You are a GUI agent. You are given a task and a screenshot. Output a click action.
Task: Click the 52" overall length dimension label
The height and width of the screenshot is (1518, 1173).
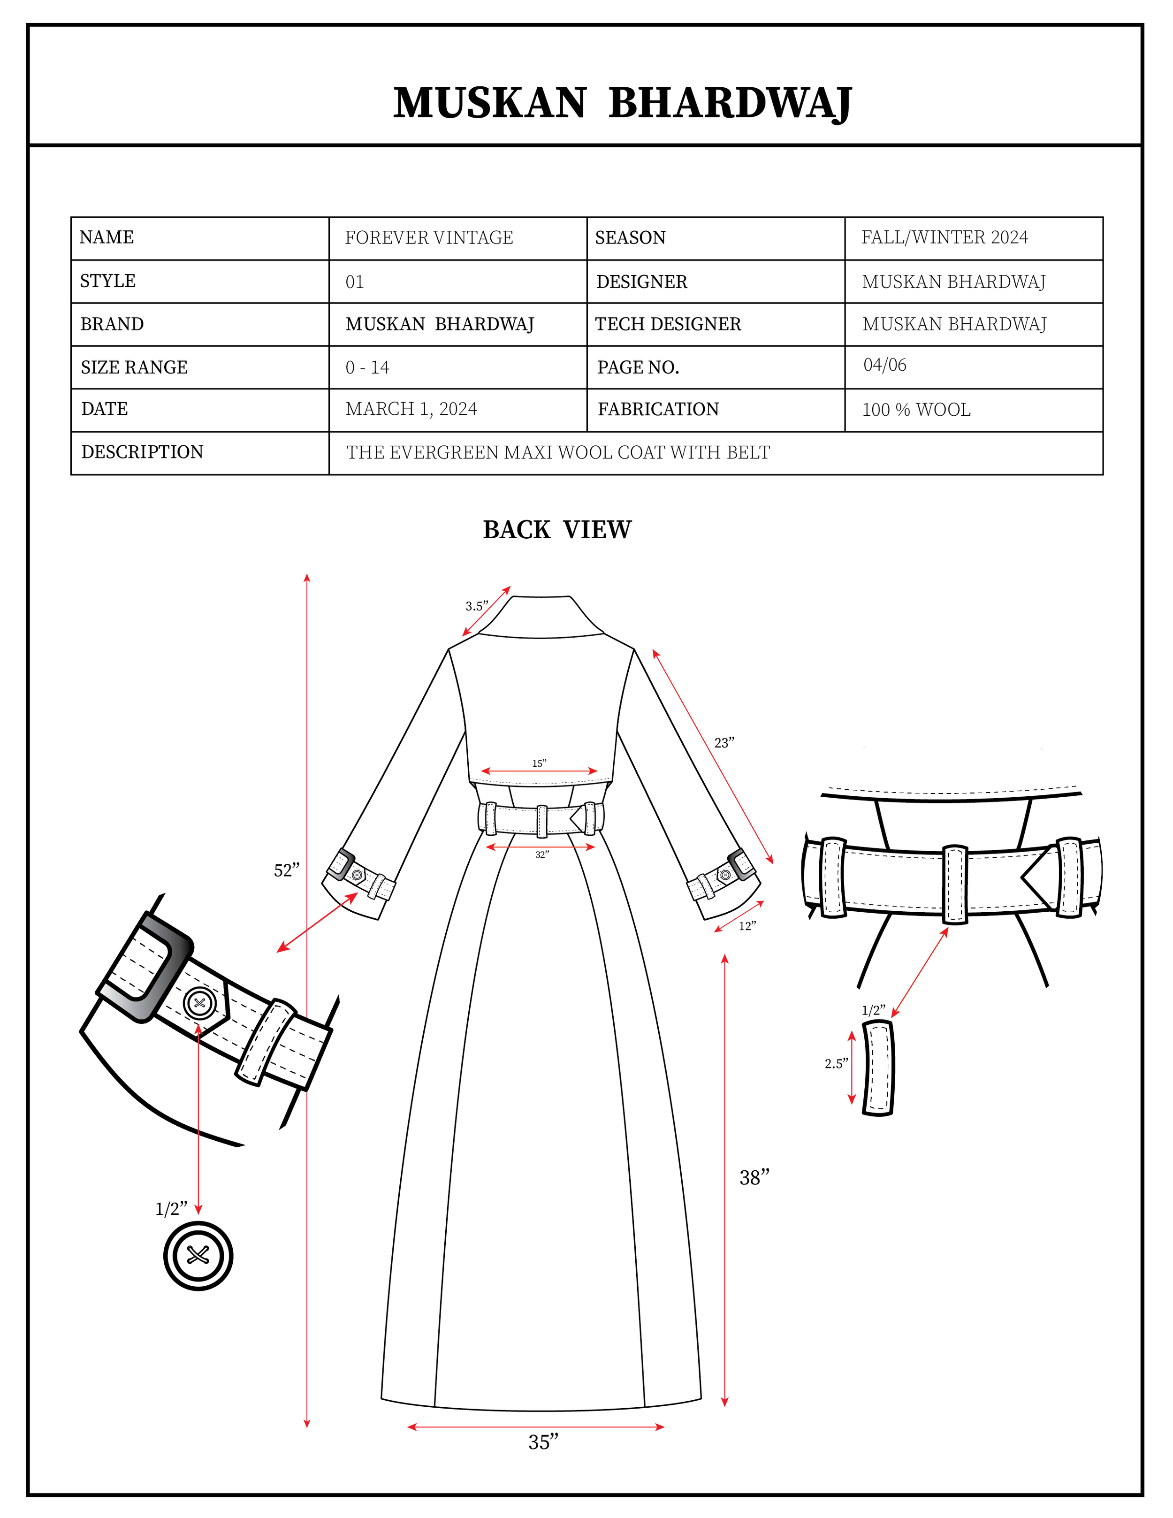(x=286, y=870)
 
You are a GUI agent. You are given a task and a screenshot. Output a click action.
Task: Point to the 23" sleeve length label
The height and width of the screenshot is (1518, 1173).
(x=724, y=743)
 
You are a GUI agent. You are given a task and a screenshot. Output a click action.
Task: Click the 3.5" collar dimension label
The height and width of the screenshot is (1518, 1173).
(x=477, y=606)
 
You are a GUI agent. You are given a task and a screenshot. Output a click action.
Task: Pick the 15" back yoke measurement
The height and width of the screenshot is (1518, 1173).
(x=539, y=763)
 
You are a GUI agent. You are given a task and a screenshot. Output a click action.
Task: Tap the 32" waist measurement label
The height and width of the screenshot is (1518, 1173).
(x=542, y=854)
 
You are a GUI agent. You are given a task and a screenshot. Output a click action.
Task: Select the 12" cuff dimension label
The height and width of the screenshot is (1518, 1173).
(x=747, y=926)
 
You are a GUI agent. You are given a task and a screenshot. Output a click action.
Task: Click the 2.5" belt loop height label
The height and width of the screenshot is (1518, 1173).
(x=836, y=1063)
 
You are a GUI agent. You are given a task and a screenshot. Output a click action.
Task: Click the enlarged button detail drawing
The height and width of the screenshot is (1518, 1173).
(x=198, y=1256)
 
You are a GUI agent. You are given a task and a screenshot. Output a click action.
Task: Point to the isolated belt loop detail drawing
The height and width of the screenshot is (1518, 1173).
(x=878, y=1068)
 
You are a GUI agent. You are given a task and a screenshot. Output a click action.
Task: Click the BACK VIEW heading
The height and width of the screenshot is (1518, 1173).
(x=557, y=530)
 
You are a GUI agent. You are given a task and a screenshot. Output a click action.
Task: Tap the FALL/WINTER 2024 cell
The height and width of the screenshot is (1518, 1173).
(x=944, y=238)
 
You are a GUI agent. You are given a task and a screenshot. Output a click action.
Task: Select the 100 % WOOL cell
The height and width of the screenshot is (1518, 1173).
(x=916, y=410)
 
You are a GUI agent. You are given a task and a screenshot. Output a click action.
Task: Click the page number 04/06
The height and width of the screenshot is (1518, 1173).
(x=884, y=365)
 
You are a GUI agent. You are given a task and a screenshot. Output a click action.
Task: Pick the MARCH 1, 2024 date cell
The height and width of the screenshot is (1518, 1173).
(x=411, y=409)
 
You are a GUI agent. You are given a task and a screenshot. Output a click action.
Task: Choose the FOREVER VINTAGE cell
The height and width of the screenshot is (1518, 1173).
(x=429, y=238)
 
